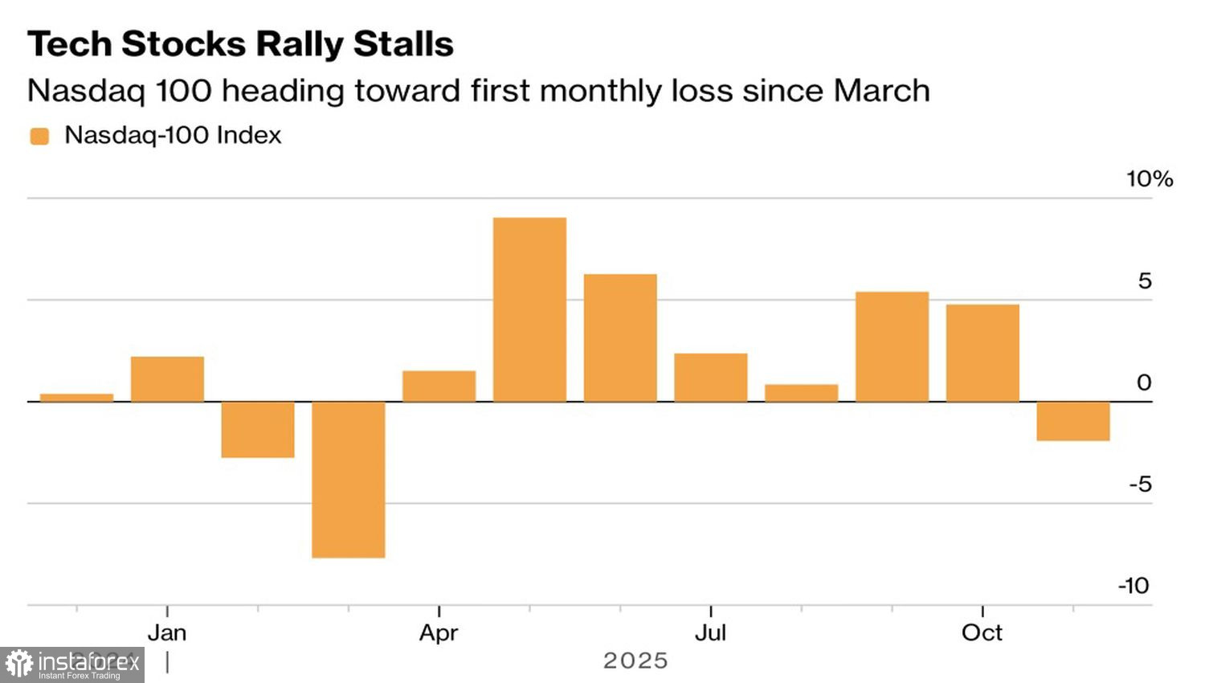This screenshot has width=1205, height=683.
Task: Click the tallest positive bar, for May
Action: [x=529, y=309]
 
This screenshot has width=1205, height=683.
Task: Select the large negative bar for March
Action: [x=348, y=480]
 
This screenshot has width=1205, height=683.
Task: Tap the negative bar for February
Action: [x=258, y=430]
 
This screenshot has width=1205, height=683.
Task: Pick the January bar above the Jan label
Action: [x=167, y=379]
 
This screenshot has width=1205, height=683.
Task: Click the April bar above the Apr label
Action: [x=439, y=386]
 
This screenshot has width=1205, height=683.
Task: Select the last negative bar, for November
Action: [x=1073, y=421]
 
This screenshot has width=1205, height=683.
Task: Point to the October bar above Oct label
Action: [x=982, y=353]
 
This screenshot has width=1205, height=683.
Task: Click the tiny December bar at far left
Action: [x=76, y=398]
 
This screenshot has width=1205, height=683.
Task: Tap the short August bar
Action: [x=801, y=393]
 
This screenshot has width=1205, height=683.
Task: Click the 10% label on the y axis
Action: [x=1149, y=178]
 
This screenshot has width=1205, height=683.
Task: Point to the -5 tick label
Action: [x=1140, y=485]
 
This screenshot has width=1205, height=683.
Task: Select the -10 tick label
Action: [x=1134, y=586]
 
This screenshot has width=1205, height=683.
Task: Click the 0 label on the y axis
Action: [x=1144, y=382]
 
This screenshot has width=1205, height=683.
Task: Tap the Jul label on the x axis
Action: [x=710, y=633]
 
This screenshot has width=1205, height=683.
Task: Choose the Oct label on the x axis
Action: [x=982, y=633]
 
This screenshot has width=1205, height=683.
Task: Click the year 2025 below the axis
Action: [x=635, y=661]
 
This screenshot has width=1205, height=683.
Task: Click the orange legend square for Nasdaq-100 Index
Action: [x=39, y=136]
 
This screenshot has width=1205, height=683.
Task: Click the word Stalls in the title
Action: [x=403, y=44]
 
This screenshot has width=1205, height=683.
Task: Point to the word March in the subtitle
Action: [x=881, y=91]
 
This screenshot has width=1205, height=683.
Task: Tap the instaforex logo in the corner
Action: [x=72, y=665]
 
